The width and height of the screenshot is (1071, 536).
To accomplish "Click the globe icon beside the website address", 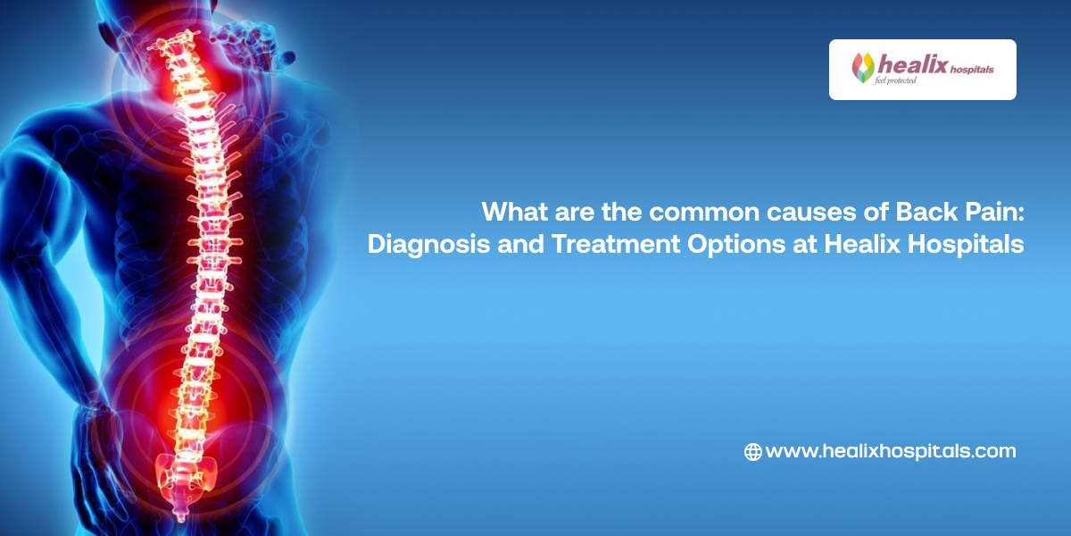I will pyautogui.click(x=752, y=452).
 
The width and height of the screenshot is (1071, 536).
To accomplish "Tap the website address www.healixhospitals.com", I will pyautogui.click(x=891, y=452).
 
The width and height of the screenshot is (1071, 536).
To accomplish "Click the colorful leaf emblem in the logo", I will pyautogui.click(x=863, y=68).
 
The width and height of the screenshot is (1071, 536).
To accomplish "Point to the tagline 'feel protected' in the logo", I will pyautogui.click(x=896, y=81).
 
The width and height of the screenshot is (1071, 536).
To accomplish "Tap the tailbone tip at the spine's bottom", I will pyautogui.click(x=181, y=513).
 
